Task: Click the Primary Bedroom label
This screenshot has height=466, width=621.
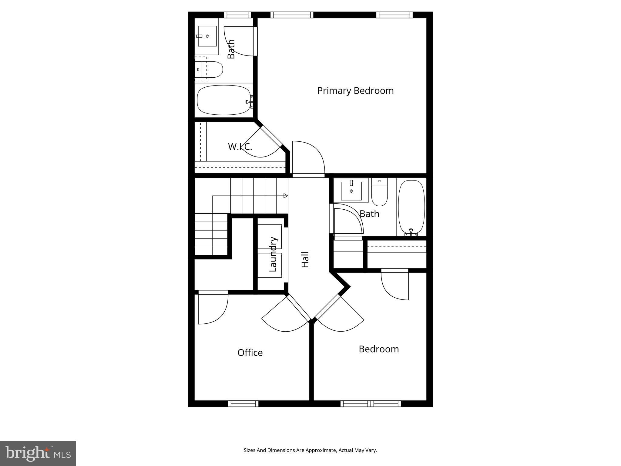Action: [x=355, y=91]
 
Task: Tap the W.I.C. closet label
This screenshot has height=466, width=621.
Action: [x=240, y=147]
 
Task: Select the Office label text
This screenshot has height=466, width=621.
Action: [x=250, y=353]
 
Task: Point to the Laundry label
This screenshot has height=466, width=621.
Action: [x=273, y=254]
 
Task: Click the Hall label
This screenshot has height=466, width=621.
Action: [x=305, y=260]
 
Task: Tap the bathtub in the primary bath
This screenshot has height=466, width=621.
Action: [x=224, y=100]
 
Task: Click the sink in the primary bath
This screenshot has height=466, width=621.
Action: [x=207, y=36]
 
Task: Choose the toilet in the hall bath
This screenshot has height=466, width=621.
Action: [x=379, y=193]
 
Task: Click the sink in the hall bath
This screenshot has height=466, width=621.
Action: [x=351, y=191]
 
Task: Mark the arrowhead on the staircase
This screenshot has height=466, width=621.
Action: [x=285, y=196]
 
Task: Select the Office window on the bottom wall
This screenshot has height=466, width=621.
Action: [x=243, y=404]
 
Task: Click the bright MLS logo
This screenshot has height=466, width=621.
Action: [x=38, y=454]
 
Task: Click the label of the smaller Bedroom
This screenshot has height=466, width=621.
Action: [x=379, y=349]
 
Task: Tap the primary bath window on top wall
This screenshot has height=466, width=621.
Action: [x=237, y=15]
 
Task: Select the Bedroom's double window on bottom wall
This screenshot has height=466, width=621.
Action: [x=371, y=404]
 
